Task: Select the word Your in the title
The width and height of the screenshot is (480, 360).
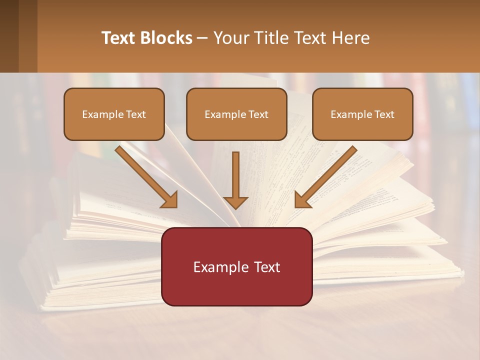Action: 230,38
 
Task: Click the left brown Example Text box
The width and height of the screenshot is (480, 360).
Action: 114,114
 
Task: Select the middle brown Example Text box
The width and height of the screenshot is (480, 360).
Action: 236,114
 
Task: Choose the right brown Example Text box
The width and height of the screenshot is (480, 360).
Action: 362,114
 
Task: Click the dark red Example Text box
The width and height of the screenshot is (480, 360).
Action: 236,266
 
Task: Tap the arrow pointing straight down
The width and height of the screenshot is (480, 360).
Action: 235,180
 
